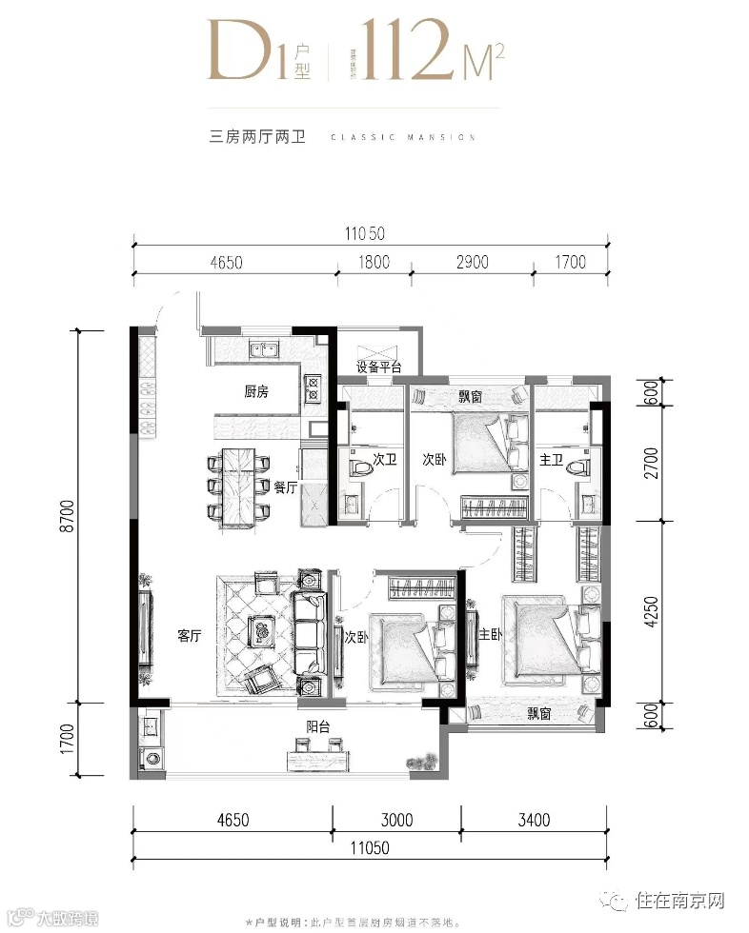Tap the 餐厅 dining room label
tap(287, 486)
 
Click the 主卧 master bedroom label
tap(491, 635)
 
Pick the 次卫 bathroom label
tap(385, 460)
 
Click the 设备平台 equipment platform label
tap(378, 367)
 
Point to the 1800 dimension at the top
tap(374, 262)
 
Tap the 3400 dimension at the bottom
tap(532, 819)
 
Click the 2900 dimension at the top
tap(472, 262)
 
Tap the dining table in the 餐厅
tap(240, 486)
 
